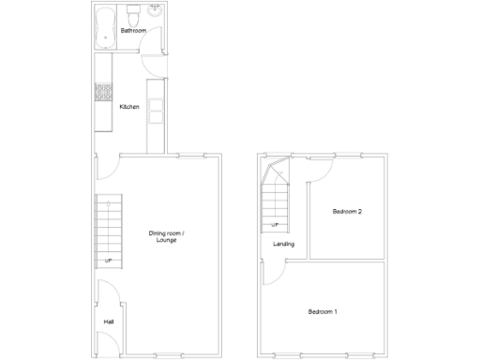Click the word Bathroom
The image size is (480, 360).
[133, 31]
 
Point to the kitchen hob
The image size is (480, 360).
[102, 94]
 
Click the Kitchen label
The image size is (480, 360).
[129, 107]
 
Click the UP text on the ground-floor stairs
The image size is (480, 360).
[109, 260]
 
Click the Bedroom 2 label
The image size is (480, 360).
[347, 212]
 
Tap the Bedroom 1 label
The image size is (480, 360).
[322, 311]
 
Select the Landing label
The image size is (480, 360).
[283, 245]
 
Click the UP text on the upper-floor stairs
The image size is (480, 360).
[275, 225]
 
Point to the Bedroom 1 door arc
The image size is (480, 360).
[274, 272]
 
